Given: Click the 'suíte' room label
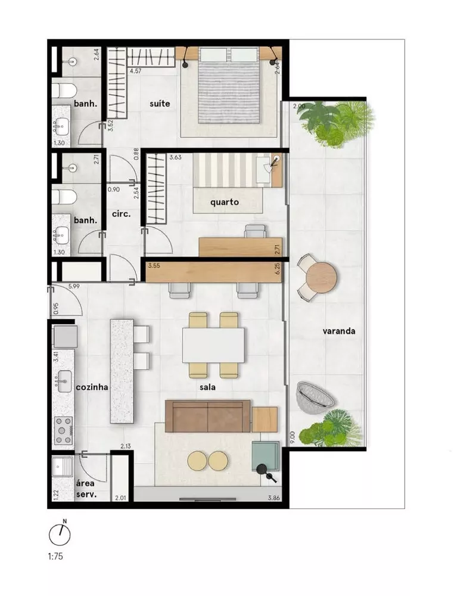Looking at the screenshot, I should click(x=160, y=104).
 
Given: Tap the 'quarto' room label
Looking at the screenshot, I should click(x=225, y=202).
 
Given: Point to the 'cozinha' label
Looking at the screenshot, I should click(x=92, y=387).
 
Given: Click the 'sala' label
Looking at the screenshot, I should click(x=207, y=387).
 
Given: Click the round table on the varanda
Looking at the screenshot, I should click(x=322, y=278).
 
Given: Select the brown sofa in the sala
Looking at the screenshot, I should click(x=207, y=415).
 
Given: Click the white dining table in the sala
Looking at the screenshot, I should click(x=213, y=345).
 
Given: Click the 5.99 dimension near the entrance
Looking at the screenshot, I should click(x=74, y=287).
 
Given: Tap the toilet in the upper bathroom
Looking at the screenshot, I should click(x=61, y=91).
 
